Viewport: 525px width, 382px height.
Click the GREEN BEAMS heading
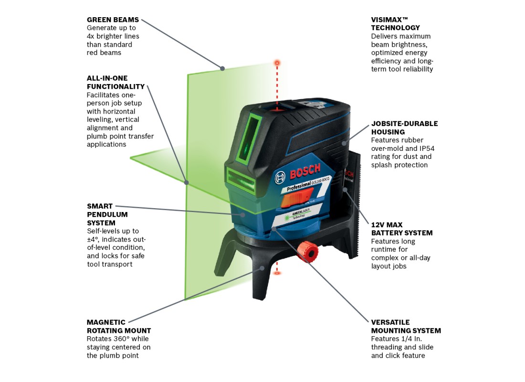tap(113, 20)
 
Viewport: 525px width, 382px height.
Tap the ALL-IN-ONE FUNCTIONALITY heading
tap(115, 82)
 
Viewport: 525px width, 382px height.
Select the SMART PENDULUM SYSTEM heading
tap(107, 214)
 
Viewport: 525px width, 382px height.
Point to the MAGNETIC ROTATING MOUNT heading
tap(118, 326)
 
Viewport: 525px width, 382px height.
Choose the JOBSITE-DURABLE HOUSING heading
tap(404, 127)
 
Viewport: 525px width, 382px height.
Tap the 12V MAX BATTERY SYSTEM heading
tap(402, 229)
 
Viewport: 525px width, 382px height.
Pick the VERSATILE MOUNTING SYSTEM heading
tap(406, 326)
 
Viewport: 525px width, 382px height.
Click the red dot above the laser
tap(276, 63)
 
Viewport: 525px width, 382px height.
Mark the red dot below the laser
tap(277, 273)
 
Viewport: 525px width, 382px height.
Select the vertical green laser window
tap(254, 134)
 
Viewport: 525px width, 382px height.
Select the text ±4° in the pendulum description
tap(94, 239)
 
